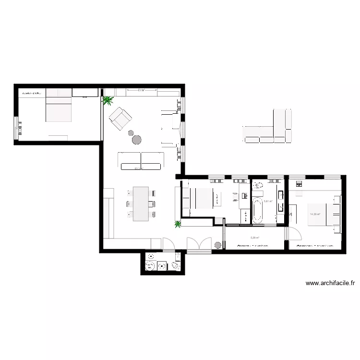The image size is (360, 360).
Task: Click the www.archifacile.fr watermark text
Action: [x=330, y=284]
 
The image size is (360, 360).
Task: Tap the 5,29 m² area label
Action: [x=255, y=237]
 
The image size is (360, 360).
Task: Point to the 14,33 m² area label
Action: [x=315, y=214]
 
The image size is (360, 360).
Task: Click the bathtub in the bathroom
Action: [x=257, y=211]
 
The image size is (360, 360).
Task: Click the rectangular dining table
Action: [x=141, y=204]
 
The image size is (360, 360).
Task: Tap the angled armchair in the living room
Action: [x=120, y=118]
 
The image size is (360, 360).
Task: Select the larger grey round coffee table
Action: [x=137, y=140]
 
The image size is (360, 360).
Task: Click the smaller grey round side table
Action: [x=130, y=132]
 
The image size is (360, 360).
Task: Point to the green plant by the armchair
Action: [x=108, y=100]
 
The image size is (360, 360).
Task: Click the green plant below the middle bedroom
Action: [x=178, y=223]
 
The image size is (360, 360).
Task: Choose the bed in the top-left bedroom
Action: [x=59, y=108]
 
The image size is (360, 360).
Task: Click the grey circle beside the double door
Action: [x=217, y=245]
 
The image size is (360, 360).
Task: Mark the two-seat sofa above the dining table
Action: [x=141, y=160]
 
